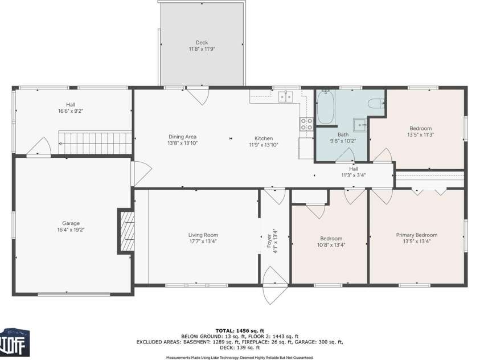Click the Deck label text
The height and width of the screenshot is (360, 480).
(x=202, y=42)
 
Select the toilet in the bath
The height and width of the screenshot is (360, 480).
(x=375, y=103)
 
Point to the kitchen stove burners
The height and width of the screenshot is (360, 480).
(x=306, y=124)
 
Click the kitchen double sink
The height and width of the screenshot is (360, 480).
(x=285, y=96)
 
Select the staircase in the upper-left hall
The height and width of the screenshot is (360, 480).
(x=95, y=142)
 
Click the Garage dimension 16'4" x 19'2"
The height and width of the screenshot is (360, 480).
(x=71, y=230)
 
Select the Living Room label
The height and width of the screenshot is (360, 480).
(x=203, y=235)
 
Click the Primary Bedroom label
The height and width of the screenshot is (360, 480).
(x=417, y=235)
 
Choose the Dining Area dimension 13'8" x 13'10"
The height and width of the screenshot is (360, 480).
(x=182, y=143)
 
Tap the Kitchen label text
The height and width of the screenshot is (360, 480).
(x=264, y=138)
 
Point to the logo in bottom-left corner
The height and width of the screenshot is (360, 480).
(x=15, y=342)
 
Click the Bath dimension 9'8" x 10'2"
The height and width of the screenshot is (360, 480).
(x=343, y=141)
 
